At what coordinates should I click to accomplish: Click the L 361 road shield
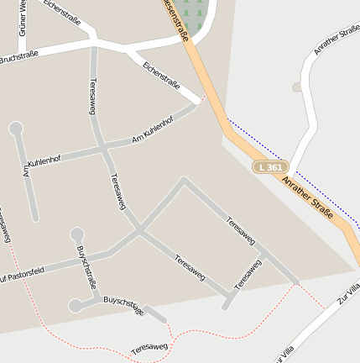point(271,167)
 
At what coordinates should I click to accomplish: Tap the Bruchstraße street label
point(18,59)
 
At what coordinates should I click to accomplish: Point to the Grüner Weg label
point(23,18)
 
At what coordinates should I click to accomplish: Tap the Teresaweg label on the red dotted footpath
point(149,346)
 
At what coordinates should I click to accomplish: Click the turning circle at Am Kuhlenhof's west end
point(15,129)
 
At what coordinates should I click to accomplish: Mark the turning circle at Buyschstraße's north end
point(77,234)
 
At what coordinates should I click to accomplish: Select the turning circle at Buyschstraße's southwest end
point(76,306)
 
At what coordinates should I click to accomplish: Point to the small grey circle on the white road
point(296,87)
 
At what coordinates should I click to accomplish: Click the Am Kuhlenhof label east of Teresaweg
point(152,130)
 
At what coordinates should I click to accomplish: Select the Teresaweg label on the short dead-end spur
point(248,275)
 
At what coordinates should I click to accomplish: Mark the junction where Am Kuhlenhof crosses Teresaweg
point(104,149)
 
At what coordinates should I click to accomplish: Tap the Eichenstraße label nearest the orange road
point(160,75)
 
